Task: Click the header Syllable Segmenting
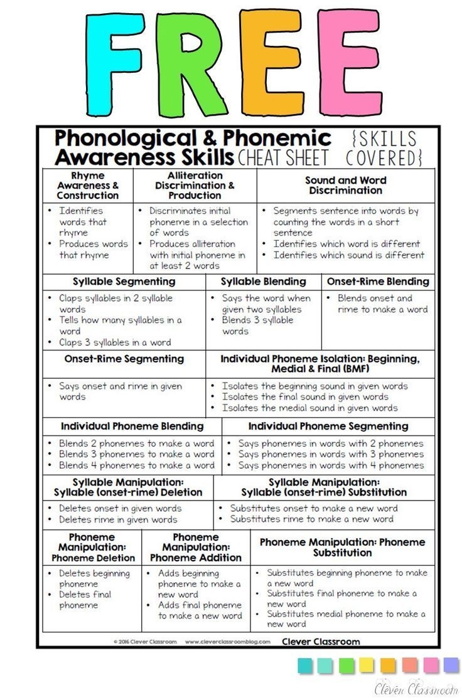click(x=124, y=282)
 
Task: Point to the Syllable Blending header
click(x=263, y=282)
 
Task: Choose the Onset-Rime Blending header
click(x=378, y=282)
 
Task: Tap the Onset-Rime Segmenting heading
click(x=124, y=359)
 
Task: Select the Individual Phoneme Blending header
click(x=132, y=427)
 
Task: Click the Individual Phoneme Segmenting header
click(x=328, y=427)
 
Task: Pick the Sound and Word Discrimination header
click(x=345, y=185)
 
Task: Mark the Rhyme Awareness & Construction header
click(x=88, y=186)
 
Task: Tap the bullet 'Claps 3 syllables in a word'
click(x=114, y=342)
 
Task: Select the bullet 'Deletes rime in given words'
click(x=118, y=519)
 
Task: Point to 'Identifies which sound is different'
click(x=348, y=255)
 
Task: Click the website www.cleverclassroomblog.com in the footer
click(x=228, y=642)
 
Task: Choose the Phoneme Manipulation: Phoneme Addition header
click(x=196, y=548)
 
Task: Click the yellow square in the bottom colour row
click(x=367, y=666)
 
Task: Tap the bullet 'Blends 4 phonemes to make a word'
click(x=136, y=465)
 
